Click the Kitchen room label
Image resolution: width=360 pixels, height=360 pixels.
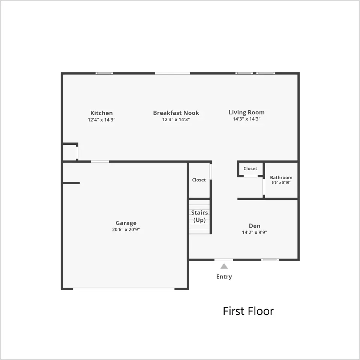pyautogui.click(x=102, y=113)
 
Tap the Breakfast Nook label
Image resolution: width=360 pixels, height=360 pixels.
pyautogui.click(x=176, y=113)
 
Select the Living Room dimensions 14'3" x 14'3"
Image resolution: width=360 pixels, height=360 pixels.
pyautogui.click(x=247, y=119)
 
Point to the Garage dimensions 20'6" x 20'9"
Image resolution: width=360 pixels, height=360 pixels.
pyautogui.click(x=126, y=229)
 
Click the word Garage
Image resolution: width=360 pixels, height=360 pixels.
pyautogui.click(x=126, y=223)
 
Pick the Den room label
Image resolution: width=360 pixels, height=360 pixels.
pyautogui.click(x=255, y=226)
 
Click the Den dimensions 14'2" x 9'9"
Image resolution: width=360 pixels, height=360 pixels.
pyautogui.click(x=255, y=232)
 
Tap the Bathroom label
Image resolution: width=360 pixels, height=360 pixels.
pyautogui.click(x=281, y=177)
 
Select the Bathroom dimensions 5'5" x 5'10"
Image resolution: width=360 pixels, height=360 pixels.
pyautogui.click(x=281, y=183)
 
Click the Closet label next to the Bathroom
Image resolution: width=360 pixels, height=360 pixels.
pyautogui.click(x=250, y=168)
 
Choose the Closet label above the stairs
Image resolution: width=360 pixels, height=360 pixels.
pyautogui.click(x=199, y=180)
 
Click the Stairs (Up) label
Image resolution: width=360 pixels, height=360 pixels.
pyautogui.click(x=199, y=216)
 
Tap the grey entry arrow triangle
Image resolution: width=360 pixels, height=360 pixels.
pyautogui.click(x=224, y=266)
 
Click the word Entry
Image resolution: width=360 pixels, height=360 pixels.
pyautogui.click(x=224, y=277)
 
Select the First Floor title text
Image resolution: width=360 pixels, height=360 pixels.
pyautogui.click(x=248, y=311)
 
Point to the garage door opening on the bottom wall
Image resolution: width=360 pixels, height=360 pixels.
pyautogui.click(x=124, y=289)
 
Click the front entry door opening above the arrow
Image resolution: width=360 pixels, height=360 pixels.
pyautogui.click(x=223, y=259)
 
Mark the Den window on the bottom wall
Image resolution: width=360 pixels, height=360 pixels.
pyautogui.click(x=270, y=259)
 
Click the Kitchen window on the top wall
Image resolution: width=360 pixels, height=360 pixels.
pyautogui.click(x=104, y=73)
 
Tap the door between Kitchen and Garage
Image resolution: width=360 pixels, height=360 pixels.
pyautogui.click(x=100, y=162)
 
